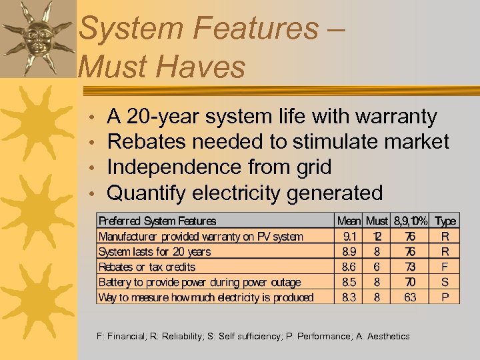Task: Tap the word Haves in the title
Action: pos(201,67)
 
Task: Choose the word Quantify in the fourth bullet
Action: pos(147,193)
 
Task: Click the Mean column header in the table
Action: pos(349,221)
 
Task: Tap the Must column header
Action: pos(377,221)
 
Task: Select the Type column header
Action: pos(445,221)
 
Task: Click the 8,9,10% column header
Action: pos(409,221)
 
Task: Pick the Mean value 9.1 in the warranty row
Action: pos(349,236)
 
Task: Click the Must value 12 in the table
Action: pos(377,236)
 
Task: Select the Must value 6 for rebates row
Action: pos(377,267)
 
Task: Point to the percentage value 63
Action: pos(409,297)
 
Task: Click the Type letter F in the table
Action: pos(445,267)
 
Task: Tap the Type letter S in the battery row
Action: pos(445,282)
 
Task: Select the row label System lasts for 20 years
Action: pos(154,251)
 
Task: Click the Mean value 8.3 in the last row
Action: pos(349,297)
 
